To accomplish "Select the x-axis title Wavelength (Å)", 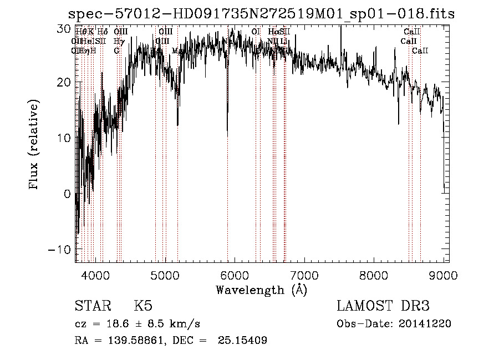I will (261, 290).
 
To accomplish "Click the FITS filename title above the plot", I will (261, 13).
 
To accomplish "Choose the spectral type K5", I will (143, 306).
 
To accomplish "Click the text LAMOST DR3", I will (383, 306).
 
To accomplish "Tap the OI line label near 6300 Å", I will (256, 32).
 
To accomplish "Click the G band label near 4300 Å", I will (116, 51).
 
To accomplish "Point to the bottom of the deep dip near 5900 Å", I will (227, 134).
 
